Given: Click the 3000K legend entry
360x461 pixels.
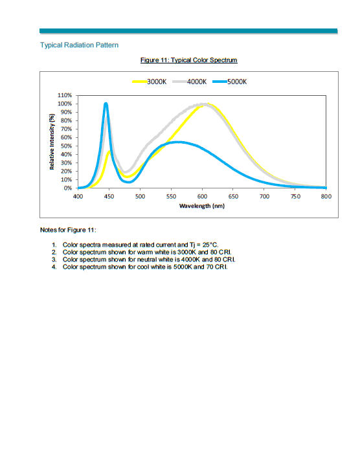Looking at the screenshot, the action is coord(150,82).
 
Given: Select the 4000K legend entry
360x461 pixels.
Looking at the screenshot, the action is coord(190,82).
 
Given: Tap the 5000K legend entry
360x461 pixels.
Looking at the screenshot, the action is coord(230,82).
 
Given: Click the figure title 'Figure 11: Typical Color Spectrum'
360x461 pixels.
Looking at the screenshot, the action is coord(189,60).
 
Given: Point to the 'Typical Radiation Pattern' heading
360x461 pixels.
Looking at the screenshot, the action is coord(80,45).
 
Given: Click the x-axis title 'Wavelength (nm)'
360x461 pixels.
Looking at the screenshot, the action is coord(202,206).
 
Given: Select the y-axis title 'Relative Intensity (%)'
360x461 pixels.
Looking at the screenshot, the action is coord(52,142).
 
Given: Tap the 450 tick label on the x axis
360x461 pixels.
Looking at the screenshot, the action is coord(109,196).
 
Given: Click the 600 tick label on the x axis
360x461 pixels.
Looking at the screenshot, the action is coord(202,196).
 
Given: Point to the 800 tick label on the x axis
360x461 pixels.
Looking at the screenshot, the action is coord(326,196).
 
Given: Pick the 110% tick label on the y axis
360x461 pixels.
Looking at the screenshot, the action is coord(65,95).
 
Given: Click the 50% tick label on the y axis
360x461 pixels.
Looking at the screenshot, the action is coord(66,146).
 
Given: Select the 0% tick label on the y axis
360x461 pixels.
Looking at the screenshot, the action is coord(67,188).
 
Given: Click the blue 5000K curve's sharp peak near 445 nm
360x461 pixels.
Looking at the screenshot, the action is coord(106,104).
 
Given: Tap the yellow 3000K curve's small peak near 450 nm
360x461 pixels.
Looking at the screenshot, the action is coord(109,152).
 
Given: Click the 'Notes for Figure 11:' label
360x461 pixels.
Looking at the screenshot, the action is coord(68,230).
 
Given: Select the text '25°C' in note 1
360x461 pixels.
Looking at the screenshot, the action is coord(210,245).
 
